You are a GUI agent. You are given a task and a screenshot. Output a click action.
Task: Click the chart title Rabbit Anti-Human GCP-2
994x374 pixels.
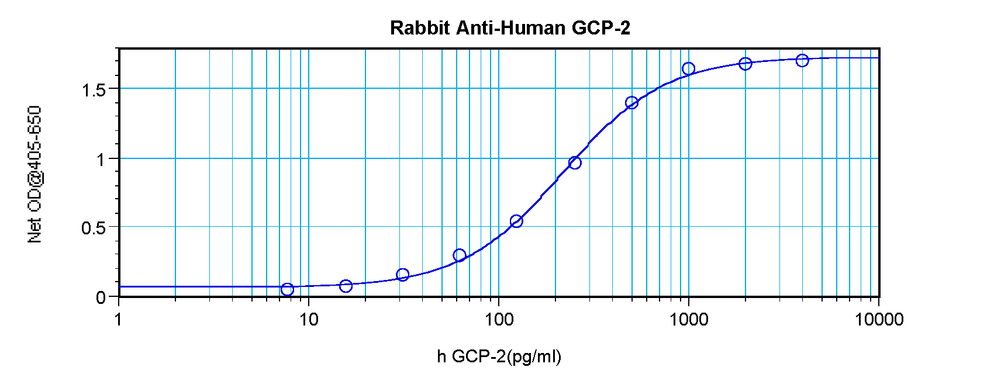coord(510,27)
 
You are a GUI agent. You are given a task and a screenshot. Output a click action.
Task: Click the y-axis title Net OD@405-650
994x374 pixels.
coord(35,174)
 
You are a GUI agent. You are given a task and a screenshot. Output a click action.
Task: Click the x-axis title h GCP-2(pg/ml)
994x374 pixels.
coord(499,356)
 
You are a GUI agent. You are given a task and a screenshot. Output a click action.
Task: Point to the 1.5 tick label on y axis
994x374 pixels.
coord(94,90)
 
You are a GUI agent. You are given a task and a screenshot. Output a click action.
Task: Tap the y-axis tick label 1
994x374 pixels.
coord(101,159)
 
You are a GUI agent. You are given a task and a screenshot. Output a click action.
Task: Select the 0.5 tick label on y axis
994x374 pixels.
coord(94,228)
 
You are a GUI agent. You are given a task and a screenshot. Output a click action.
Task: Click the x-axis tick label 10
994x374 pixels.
coord(309,320)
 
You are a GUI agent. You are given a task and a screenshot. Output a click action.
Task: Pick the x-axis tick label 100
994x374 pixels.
coord(499,320)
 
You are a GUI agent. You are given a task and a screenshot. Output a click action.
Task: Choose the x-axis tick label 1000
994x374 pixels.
coord(688,320)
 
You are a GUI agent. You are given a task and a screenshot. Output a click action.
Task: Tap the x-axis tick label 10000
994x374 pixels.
coord(878,320)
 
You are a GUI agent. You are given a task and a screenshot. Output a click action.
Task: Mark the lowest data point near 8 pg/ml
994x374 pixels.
coord(287,289)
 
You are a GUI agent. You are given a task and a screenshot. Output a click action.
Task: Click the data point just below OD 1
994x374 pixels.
coord(575,162)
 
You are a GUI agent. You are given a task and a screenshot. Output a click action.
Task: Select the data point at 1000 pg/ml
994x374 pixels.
coord(688,69)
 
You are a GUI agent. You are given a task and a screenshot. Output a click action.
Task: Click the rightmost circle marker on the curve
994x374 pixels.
coord(802,60)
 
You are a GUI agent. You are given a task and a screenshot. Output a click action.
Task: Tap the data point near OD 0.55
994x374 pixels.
coord(516,221)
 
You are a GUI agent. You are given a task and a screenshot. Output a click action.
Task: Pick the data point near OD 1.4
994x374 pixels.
coord(631,103)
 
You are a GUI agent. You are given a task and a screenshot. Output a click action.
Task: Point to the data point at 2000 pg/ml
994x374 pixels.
coord(745,63)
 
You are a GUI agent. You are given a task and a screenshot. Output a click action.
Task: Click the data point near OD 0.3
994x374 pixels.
coord(459,255)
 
